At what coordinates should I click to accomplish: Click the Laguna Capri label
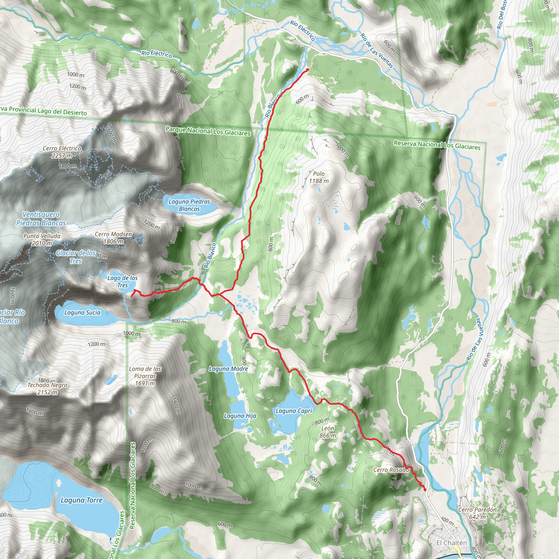pos(294,411)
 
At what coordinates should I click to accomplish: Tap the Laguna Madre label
pos(228,369)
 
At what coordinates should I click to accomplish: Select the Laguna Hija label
pos(240,416)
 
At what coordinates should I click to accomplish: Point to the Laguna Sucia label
pos(82,313)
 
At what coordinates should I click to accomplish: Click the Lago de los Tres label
pos(122,281)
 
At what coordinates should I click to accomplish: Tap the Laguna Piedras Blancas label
pos(189,205)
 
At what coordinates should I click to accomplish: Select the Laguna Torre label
pos(82,500)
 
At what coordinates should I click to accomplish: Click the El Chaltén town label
pos(451,543)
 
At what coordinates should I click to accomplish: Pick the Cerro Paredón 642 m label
pos(477,513)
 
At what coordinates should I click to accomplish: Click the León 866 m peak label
pos(328,432)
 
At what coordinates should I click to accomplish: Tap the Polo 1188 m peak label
pos(319,177)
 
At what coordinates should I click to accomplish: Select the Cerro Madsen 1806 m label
pos(114,237)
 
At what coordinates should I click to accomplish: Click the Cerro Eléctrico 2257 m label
pos(62,152)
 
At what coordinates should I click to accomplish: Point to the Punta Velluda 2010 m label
pos(42,240)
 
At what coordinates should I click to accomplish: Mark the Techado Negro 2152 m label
pos(47,389)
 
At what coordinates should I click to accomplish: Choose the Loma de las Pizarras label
pos(145,376)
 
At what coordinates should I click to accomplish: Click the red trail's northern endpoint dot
pos(307,69)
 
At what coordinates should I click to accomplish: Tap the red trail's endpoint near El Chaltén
pos(425,490)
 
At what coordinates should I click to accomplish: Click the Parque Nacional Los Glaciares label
pos(208,131)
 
